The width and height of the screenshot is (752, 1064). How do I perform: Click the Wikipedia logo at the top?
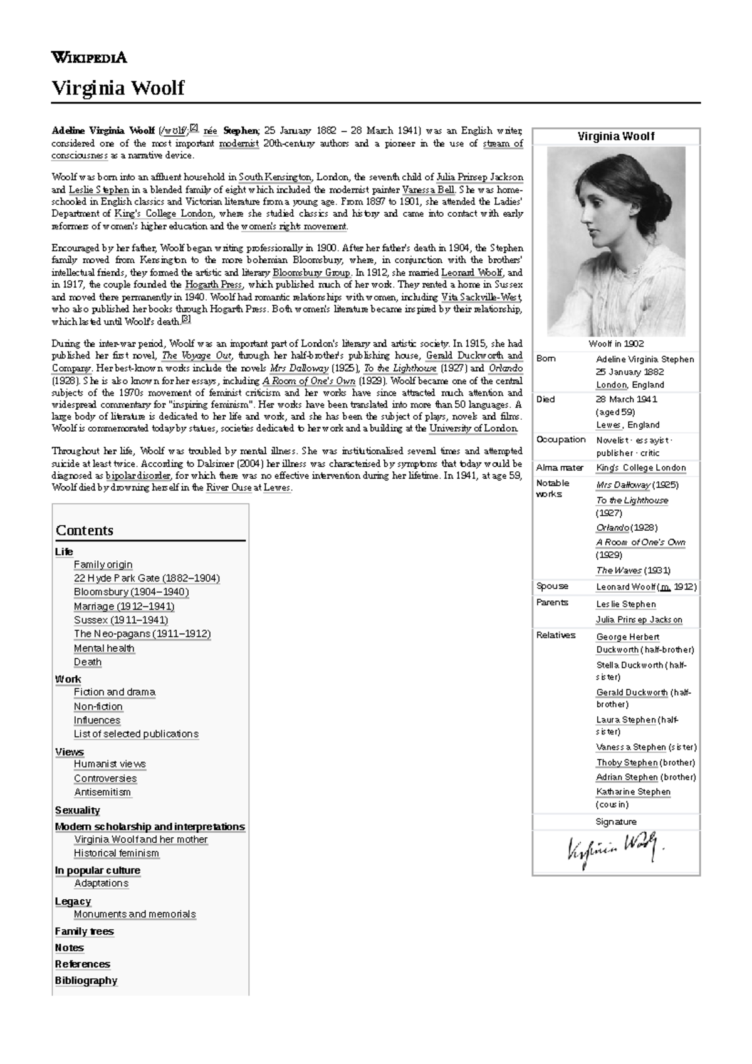89,58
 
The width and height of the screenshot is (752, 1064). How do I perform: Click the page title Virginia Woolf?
117,87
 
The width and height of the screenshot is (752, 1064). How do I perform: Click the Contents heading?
85,530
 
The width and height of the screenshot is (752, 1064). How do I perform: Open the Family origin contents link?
103,565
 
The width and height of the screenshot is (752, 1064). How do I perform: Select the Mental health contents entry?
104,648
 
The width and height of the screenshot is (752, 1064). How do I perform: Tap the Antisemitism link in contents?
102,792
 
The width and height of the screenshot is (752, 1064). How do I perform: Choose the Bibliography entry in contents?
86,980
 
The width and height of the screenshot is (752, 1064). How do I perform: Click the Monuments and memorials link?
135,914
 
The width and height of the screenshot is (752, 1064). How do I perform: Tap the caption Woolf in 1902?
616,343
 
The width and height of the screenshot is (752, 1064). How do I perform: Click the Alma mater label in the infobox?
560,467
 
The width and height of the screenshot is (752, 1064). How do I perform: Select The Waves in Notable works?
619,570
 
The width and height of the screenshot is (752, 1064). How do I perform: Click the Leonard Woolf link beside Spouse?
625,587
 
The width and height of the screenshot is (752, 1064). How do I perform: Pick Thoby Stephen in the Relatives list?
626,763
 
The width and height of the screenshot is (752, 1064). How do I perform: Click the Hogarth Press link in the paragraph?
213,284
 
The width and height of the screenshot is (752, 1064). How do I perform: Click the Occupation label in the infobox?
561,439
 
